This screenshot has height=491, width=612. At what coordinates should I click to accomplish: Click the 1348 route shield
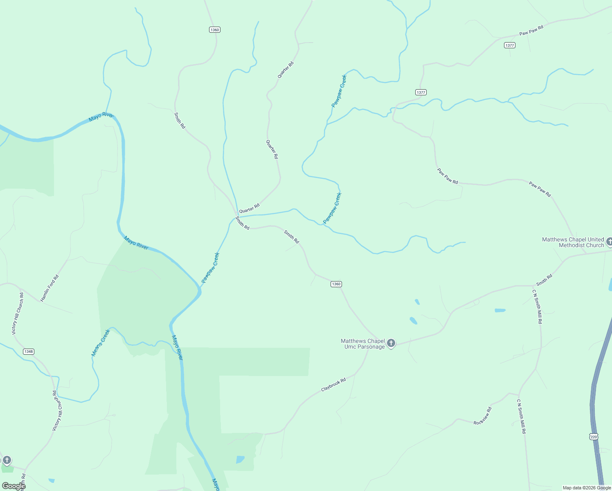[x=29, y=351]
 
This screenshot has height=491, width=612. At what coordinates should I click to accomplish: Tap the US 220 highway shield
[x=594, y=437]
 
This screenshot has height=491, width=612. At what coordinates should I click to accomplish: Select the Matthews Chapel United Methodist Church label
[x=573, y=242]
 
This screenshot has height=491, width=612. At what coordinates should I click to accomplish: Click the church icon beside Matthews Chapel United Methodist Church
[x=609, y=241]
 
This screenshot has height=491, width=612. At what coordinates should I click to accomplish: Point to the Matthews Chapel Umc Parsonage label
[x=363, y=344]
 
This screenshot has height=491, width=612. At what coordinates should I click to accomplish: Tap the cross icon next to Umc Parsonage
[x=391, y=343]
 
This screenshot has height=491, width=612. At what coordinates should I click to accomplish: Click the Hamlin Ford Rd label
[x=49, y=288]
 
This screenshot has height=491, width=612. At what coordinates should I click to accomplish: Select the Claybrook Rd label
[x=333, y=385]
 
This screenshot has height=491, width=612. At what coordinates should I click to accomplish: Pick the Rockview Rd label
[x=482, y=416]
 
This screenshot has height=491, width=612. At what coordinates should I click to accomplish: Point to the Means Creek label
[x=101, y=342]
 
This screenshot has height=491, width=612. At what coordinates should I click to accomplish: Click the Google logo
[x=13, y=486]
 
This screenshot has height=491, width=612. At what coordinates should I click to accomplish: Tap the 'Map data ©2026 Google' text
[x=587, y=488]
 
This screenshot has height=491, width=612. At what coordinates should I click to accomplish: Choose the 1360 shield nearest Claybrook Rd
[x=336, y=284]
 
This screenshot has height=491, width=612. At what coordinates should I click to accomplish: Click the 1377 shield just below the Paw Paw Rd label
[x=509, y=45]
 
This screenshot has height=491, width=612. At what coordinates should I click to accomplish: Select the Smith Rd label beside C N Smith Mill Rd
[x=544, y=280]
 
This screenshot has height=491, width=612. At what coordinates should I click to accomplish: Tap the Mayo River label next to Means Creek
[x=178, y=348]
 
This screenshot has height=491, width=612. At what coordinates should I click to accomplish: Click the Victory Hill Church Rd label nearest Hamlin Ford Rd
[x=18, y=314]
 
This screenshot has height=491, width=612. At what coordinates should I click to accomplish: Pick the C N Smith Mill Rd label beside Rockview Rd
[x=521, y=417]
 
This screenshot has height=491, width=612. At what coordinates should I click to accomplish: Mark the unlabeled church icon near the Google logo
[x=7, y=460]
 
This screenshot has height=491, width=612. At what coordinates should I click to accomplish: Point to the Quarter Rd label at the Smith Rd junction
[x=249, y=208]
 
